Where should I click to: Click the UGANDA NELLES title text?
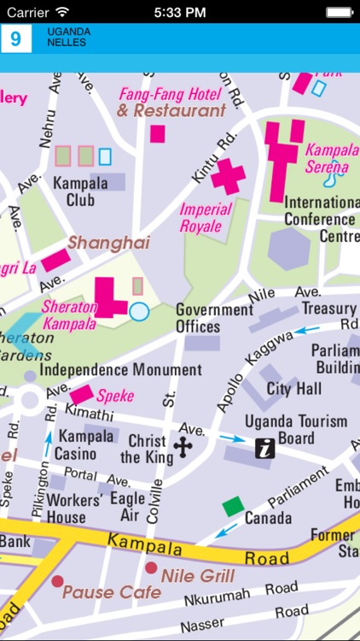tap(69, 38)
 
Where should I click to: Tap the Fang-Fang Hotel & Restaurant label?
tap(171, 102)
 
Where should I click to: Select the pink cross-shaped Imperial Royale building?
tap(228, 176)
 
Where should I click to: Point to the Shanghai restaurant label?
tap(108, 243)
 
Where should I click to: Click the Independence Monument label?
tap(120, 370)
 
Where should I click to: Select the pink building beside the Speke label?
tap(82, 394)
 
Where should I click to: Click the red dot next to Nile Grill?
tap(151, 567)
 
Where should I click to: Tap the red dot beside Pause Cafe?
tap(57, 581)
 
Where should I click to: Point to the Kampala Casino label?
tap(84, 444)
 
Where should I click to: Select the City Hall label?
tap(295, 389)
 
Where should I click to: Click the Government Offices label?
tap(214, 317)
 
